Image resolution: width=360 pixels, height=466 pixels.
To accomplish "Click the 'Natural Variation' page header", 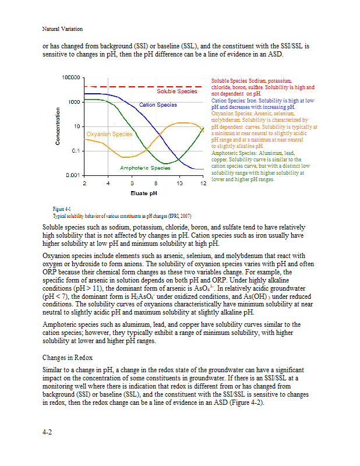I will coord(62,29).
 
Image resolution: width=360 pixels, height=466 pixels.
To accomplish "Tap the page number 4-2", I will coord(49,432).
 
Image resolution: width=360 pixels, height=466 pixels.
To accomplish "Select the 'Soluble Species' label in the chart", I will coord(177,91).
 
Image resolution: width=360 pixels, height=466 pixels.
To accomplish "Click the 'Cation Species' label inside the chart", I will coord(158,105).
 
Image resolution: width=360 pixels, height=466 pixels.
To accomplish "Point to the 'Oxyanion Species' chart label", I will coord(110,134).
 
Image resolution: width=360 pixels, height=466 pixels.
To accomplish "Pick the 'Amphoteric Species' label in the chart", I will coord(145,168).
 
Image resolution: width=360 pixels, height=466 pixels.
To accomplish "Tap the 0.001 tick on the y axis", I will coord(73,175).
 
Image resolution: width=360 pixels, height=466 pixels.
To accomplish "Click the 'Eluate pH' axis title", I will coord(143,192).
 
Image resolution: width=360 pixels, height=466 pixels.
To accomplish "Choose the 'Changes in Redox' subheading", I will coord(68,357).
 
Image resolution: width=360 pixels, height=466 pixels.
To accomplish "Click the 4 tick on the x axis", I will coord(108,183).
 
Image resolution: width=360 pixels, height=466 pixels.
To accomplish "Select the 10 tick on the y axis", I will coord(76,126).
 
